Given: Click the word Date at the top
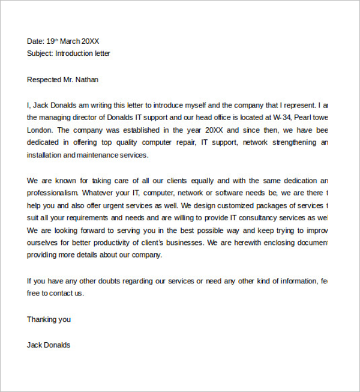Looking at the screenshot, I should tap(35, 41).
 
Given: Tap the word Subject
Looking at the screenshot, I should tap(40, 53).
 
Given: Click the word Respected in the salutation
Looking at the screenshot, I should tap(43, 79).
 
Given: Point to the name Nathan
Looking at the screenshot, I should tap(87, 79).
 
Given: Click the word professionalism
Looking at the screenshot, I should tap(53, 193).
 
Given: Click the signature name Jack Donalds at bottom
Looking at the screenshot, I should tap(49, 345).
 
